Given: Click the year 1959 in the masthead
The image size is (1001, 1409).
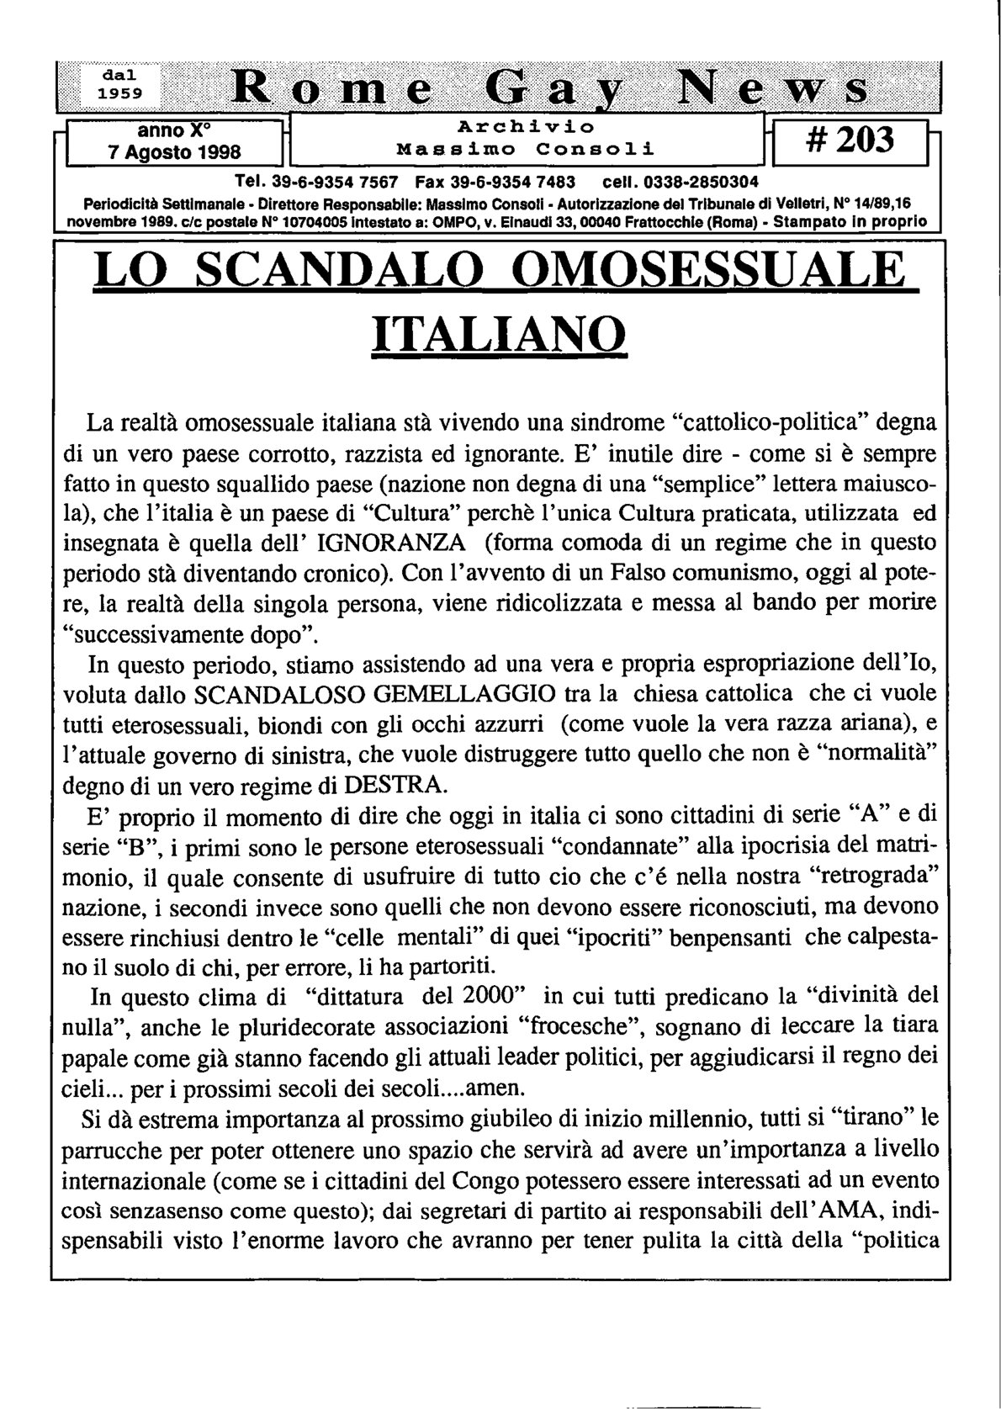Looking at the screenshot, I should click(118, 93).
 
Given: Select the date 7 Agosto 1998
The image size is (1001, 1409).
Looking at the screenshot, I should click(175, 152).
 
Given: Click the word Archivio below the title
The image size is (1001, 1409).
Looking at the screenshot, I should click(526, 126).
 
